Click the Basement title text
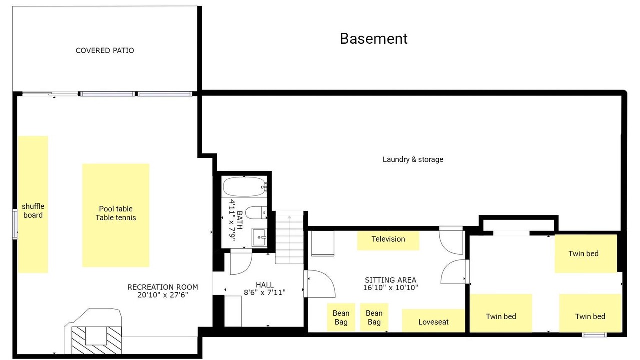pos(373,39)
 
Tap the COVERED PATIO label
pos(105,51)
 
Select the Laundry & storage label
pos(413,159)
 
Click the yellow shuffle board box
pos(33,204)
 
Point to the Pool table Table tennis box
pos(116,215)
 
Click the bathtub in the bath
pos(245,187)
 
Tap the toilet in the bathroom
pos(256,213)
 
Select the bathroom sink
pos(259,237)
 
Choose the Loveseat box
pos(433,320)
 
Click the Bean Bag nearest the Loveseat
pos(374,317)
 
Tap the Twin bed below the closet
pos(586,254)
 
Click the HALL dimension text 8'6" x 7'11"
pos(265,292)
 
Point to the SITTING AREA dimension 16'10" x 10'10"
pos(390,287)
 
